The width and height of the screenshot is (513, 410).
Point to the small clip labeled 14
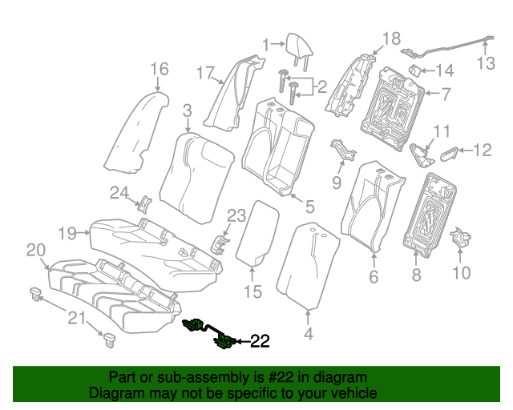pos(416,70)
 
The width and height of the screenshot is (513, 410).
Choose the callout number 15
pos(252,292)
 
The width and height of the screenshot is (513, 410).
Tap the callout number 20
pos(35,251)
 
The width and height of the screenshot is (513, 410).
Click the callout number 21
pos(75,320)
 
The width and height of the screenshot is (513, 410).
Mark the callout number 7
pos(446,94)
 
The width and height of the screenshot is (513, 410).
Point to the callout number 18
pos(390,38)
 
